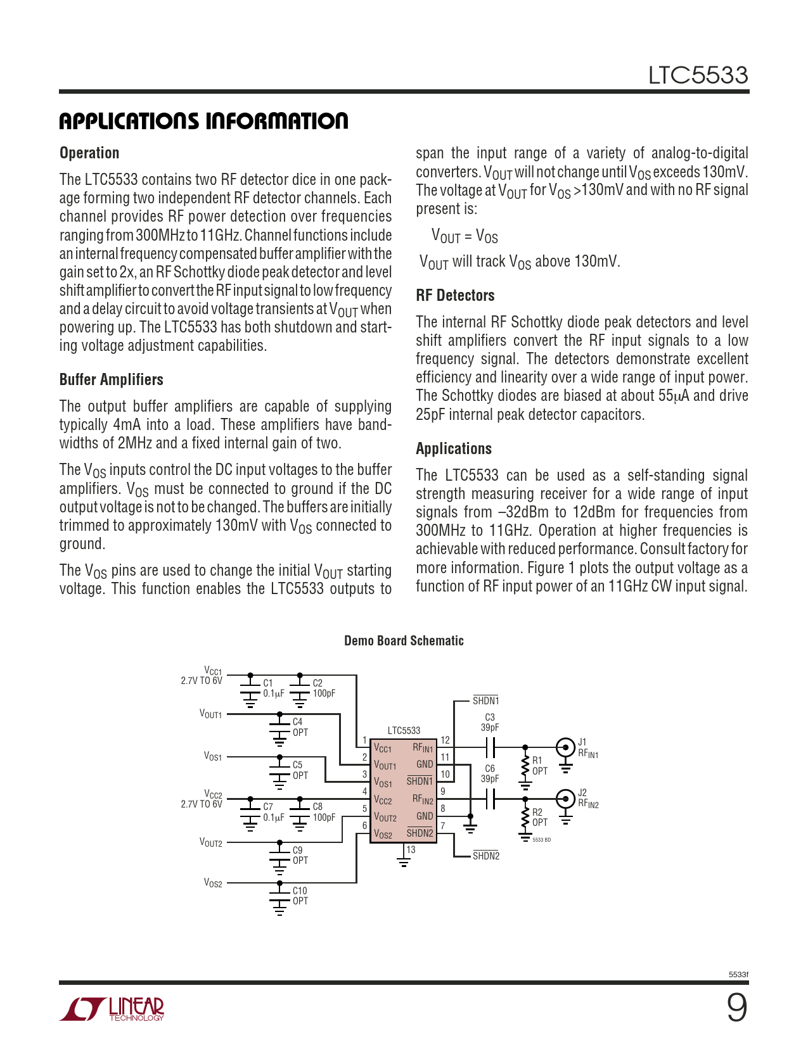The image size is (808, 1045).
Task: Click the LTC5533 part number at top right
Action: [698, 75]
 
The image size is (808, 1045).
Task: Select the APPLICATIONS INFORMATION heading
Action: [203, 121]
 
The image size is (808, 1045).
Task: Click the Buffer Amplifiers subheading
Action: [112, 380]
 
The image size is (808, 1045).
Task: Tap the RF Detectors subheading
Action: [455, 296]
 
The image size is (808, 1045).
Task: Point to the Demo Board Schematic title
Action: [404, 641]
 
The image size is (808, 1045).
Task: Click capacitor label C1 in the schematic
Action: [268, 683]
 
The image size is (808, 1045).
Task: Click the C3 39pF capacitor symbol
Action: [490, 748]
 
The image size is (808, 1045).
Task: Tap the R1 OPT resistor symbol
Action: [525, 766]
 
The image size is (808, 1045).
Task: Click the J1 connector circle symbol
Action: [565, 748]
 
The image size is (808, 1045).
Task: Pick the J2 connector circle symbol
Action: [565, 799]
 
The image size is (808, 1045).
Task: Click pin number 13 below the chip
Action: [411, 850]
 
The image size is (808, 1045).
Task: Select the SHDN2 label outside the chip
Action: [486, 856]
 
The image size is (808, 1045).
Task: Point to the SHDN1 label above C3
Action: [486, 701]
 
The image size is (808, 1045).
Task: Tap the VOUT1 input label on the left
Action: [210, 714]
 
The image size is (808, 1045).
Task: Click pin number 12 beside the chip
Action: [445, 740]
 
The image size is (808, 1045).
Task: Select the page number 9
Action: [736, 1008]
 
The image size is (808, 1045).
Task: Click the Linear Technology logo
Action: [112, 1009]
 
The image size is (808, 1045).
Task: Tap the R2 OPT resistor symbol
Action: [525, 818]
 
